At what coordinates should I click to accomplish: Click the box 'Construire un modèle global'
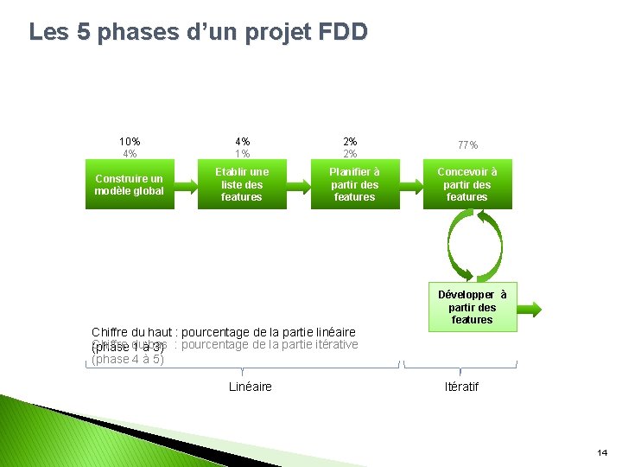tap(130, 184)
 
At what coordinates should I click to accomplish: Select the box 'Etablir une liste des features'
tap(242, 184)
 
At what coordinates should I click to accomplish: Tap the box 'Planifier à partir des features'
tap(354, 184)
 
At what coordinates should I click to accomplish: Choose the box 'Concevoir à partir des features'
tap(466, 184)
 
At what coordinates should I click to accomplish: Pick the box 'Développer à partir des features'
tap(472, 308)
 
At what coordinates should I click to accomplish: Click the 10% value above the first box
tap(130, 142)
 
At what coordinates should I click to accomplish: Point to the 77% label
tap(467, 146)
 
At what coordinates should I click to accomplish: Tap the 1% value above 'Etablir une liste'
tap(242, 154)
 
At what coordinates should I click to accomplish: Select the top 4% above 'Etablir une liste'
tap(242, 142)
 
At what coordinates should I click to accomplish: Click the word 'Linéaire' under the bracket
tap(251, 387)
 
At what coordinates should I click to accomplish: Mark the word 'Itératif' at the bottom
tap(461, 387)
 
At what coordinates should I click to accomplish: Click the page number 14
tap(602, 452)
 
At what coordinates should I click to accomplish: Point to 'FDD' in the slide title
tap(343, 33)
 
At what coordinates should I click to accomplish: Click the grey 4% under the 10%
tap(130, 154)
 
